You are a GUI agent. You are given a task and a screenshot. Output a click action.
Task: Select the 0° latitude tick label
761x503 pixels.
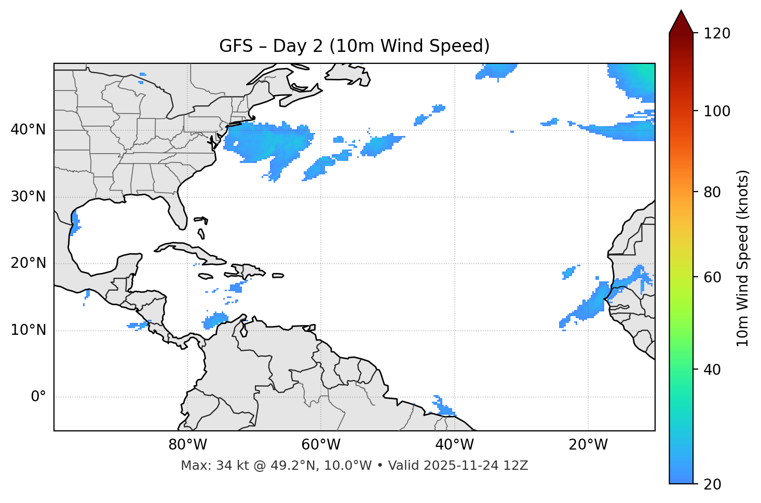click(38, 397)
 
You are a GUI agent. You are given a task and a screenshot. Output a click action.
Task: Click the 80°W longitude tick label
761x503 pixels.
click(187, 445)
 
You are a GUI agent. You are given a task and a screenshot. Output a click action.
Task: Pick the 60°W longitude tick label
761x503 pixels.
click(321, 445)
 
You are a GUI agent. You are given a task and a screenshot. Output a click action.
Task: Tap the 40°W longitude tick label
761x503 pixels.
click(454, 445)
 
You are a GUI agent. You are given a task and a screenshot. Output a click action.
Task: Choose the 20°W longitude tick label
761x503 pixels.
click(588, 445)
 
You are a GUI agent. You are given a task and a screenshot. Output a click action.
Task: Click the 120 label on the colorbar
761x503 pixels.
click(716, 34)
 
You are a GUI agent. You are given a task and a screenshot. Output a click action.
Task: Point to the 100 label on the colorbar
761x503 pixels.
click(716, 111)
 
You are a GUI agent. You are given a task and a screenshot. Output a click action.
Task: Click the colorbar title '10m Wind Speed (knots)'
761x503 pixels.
click(743, 258)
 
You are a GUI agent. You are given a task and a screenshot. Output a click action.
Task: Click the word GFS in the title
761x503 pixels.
click(236, 46)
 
